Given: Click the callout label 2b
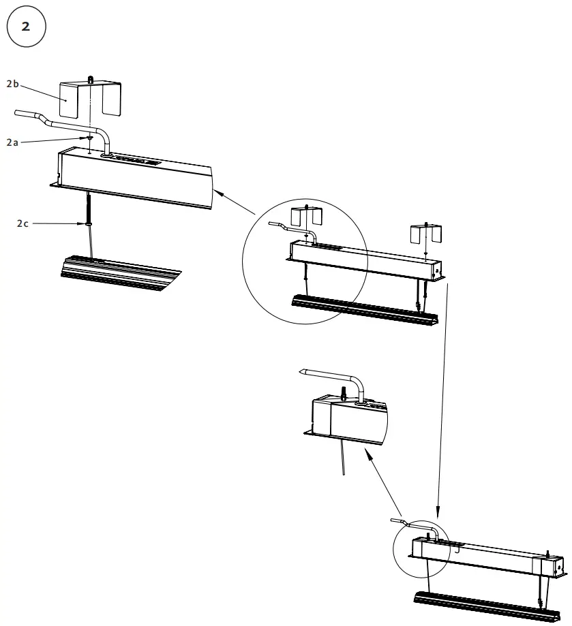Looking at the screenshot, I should click(x=13, y=84).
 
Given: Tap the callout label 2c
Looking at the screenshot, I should click(x=23, y=223).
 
